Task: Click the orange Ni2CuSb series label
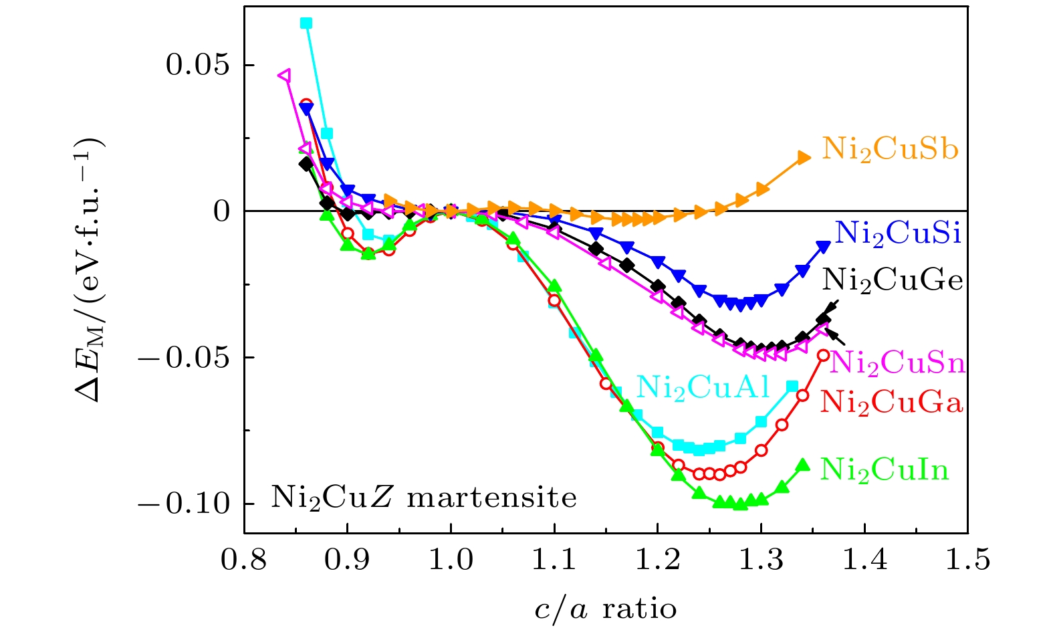click(x=890, y=149)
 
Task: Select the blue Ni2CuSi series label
click(x=898, y=233)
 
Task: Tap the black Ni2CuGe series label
click(x=893, y=280)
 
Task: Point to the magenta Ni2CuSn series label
click(x=898, y=362)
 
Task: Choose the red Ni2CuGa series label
click(x=891, y=403)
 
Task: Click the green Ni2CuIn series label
click(x=885, y=469)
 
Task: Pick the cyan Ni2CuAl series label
click(x=703, y=387)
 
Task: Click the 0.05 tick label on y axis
click(x=197, y=66)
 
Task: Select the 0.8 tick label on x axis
click(x=244, y=560)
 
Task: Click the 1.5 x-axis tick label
click(x=967, y=560)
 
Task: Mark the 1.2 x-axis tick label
click(x=657, y=560)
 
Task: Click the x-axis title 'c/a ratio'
click(x=605, y=609)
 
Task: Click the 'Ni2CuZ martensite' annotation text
click(x=424, y=498)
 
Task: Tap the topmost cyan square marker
click(x=306, y=23)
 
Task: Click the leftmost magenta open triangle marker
click(x=285, y=75)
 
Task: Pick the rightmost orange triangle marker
click(x=804, y=157)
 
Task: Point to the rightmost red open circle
click(x=824, y=355)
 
